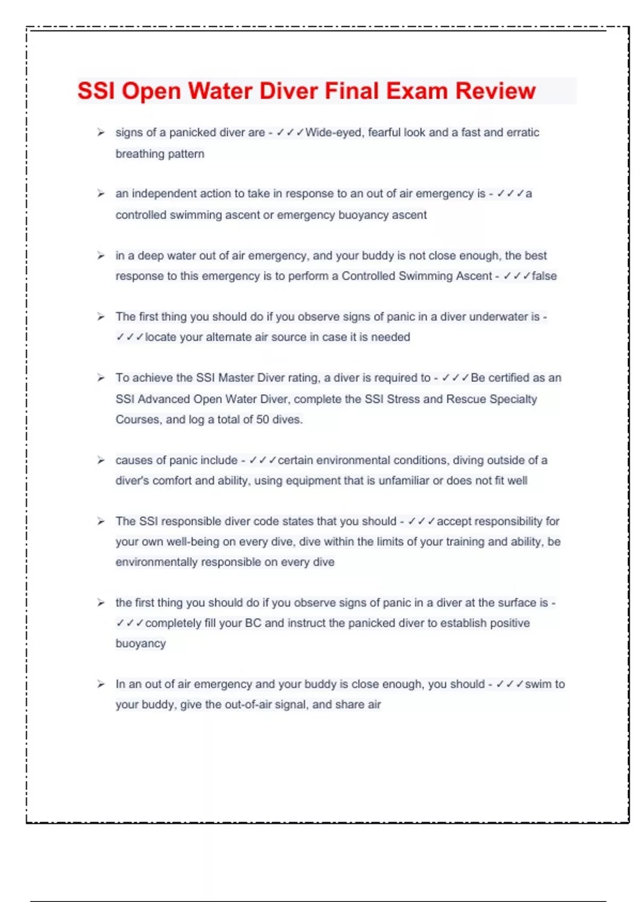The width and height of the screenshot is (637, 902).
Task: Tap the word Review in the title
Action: tap(495, 91)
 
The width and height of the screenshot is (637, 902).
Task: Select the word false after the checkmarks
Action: tap(544, 276)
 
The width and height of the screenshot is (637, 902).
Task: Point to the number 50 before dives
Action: tap(262, 419)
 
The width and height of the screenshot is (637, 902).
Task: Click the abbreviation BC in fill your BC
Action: tap(253, 623)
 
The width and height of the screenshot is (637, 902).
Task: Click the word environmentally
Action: tap(157, 562)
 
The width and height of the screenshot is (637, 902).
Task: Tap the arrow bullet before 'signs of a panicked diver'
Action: tap(100, 133)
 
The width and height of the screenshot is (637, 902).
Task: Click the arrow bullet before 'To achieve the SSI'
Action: tap(100, 378)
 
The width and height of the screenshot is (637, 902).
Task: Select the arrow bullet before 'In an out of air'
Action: tap(100, 684)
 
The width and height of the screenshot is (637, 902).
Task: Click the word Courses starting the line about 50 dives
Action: tap(137, 419)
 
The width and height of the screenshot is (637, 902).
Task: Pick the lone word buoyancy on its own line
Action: tap(141, 644)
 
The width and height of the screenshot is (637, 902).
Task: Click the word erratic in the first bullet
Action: tap(522, 133)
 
